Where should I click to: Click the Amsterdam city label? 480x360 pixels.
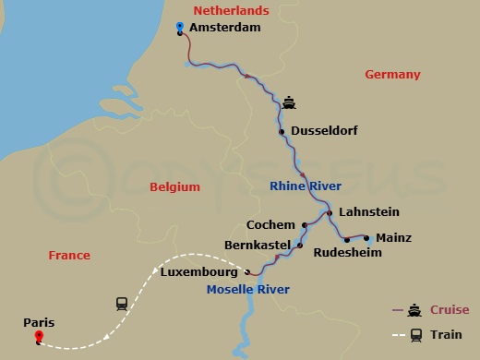point(224,29)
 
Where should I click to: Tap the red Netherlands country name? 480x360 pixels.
point(231,10)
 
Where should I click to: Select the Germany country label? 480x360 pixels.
point(392,75)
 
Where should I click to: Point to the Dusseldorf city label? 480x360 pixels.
point(324,131)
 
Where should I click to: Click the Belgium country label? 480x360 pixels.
point(174,186)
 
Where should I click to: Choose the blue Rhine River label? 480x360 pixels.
point(306,186)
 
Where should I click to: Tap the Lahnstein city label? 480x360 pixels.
point(368,212)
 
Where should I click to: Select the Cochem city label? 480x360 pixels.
point(271,224)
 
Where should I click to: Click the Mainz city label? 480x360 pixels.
point(394,238)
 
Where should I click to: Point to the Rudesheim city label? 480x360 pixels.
point(347,252)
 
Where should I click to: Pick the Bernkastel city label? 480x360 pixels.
point(258,246)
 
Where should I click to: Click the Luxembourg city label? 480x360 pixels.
point(199,272)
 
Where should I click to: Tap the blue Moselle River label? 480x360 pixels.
point(248,290)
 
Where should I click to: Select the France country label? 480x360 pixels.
point(69,256)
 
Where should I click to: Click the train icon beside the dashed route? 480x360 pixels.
point(120,303)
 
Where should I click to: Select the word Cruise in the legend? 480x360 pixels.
point(450,310)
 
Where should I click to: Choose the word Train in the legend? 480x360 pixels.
point(448,335)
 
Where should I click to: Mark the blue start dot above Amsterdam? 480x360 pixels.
point(179,26)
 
